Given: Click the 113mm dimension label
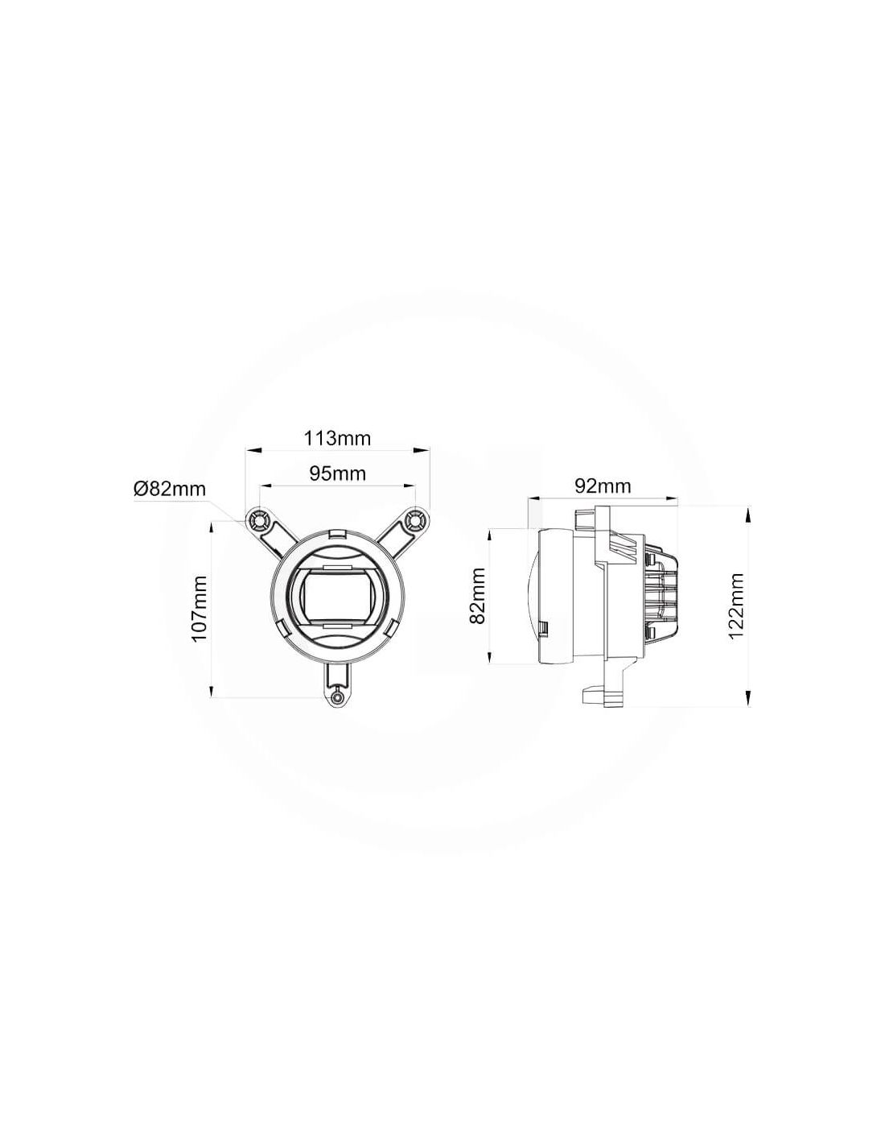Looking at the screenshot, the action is coord(337,438).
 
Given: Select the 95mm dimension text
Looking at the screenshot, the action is coord(337,473).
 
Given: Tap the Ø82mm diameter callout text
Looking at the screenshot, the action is coord(170,490).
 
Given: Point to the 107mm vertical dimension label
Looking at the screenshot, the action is coord(200,609).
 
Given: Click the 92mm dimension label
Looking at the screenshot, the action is coord(603,486).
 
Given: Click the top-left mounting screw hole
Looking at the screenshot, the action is coord(259,521).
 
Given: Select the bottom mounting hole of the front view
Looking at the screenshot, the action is coord(337,699).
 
